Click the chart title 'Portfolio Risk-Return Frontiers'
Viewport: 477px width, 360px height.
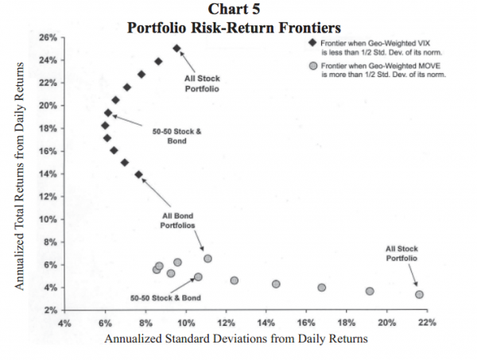[x=238, y=26]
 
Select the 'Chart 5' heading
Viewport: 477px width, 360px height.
[x=238, y=10]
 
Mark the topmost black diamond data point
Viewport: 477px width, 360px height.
[x=176, y=48]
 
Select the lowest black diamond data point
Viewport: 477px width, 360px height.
[x=139, y=175]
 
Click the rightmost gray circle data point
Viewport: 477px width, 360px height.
[x=419, y=295]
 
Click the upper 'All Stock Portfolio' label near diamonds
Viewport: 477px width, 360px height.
[x=202, y=83]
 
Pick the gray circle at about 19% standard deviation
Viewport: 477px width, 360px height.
[x=370, y=291]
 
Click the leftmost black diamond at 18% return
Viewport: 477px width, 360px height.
[x=105, y=126]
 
